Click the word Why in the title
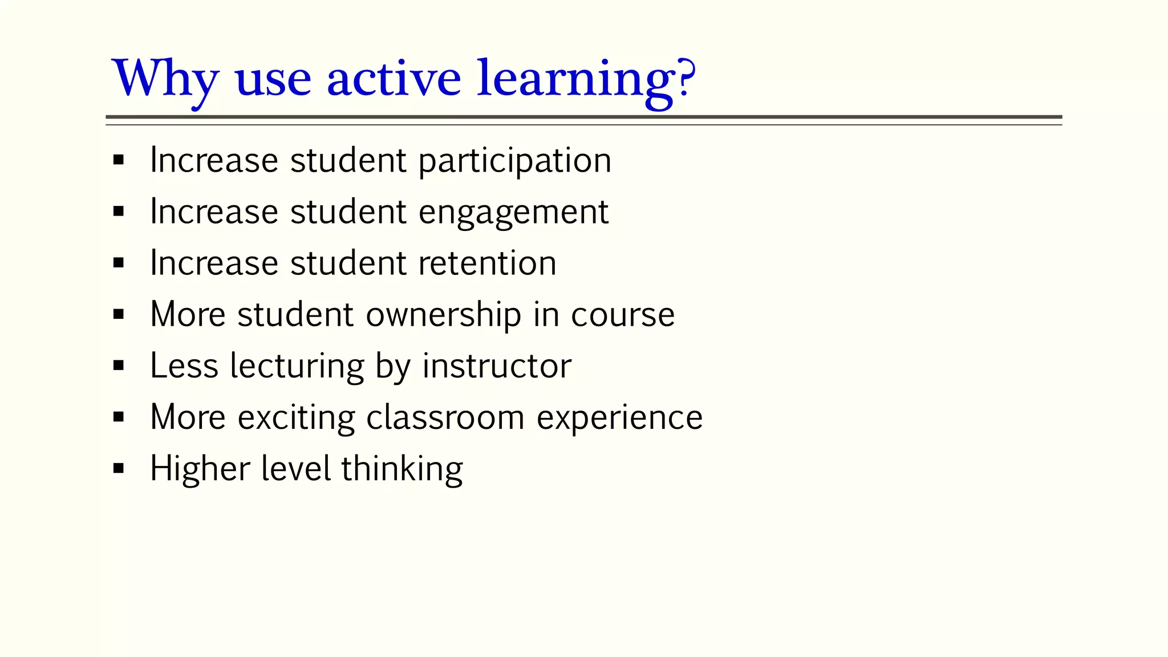[x=165, y=79]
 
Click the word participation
[x=514, y=161]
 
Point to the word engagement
[x=513, y=213]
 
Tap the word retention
[x=487, y=263]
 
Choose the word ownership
[x=443, y=315]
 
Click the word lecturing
[x=297, y=367]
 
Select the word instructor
[x=496, y=366]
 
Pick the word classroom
[x=445, y=418]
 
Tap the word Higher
[x=200, y=469]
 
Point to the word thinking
[x=402, y=469]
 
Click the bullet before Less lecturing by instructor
[x=119, y=366]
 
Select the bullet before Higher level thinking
[x=119, y=469]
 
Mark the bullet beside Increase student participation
[x=119, y=160]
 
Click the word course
[x=623, y=315]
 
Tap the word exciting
[x=297, y=418]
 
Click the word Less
[x=184, y=366]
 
